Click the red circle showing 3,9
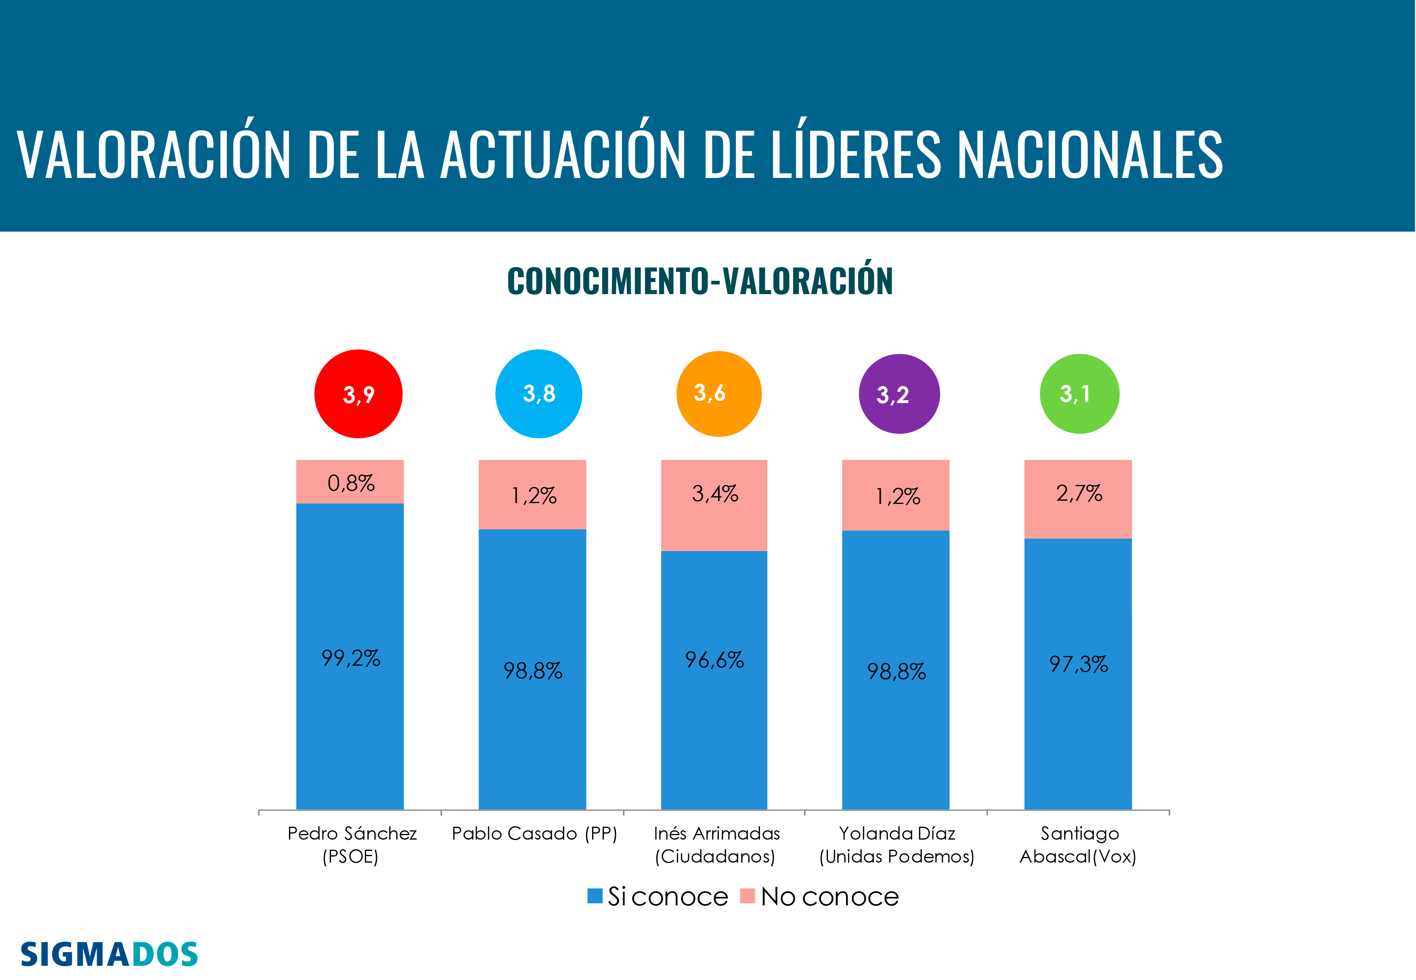(358, 394)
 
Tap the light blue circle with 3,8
(539, 394)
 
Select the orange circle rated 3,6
(719, 394)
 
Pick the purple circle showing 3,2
(899, 394)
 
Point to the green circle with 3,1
(1079, 394)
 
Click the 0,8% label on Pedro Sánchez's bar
(351, 483)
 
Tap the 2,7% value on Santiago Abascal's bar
(1079, 493)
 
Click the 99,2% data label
(351, 658)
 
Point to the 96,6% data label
(714, 660)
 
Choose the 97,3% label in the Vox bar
(1078, 664)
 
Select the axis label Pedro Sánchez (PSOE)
(352, 845)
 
